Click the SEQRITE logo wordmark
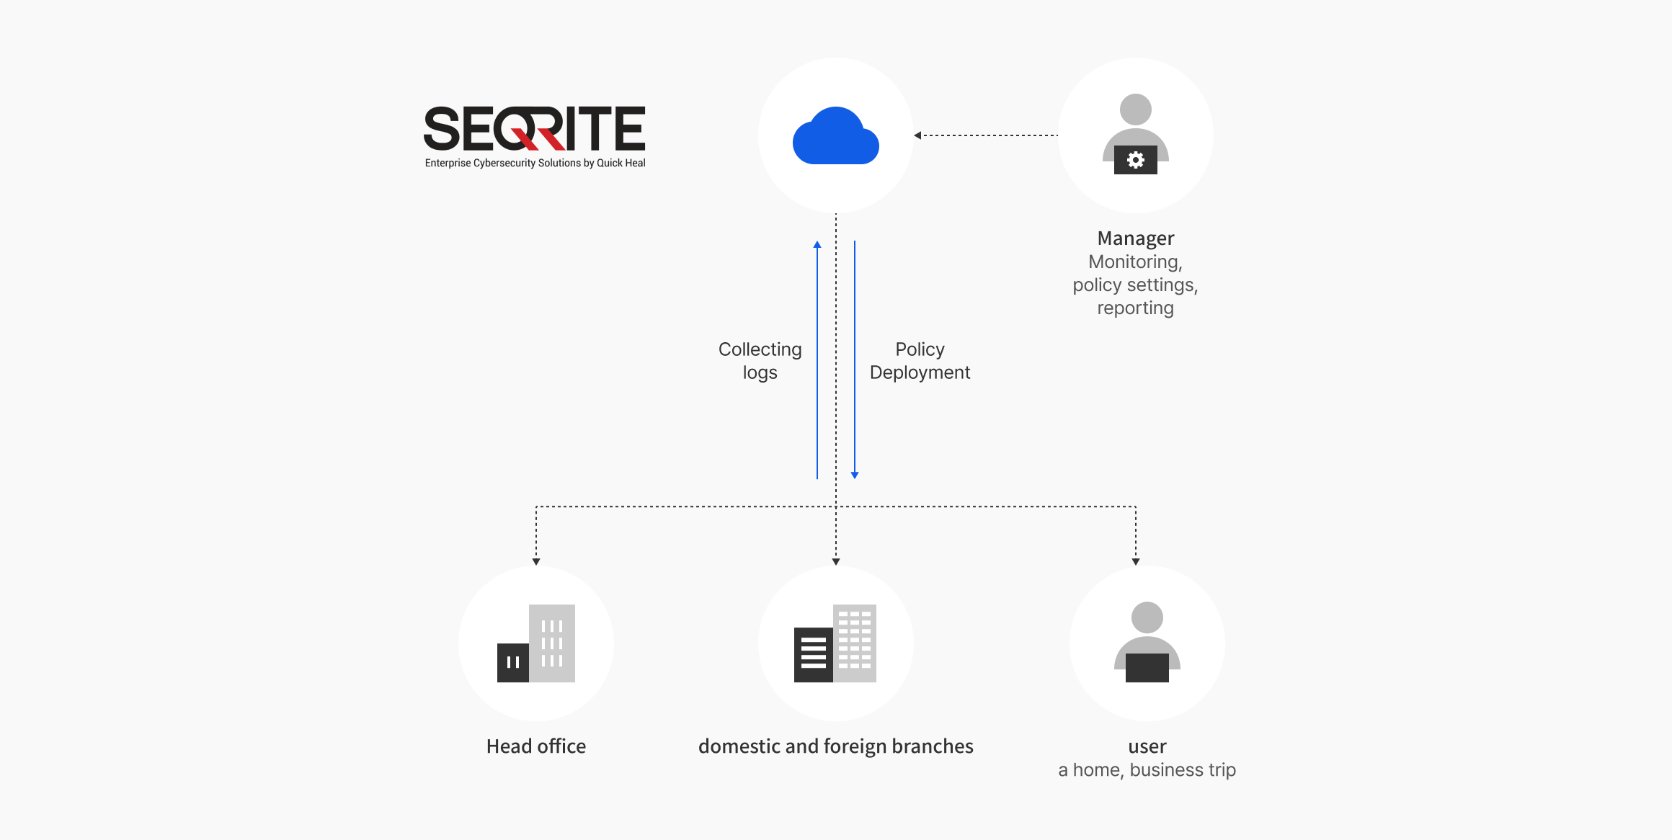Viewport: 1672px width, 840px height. click(534, 129)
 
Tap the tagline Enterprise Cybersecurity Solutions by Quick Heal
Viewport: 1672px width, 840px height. click(535, 164)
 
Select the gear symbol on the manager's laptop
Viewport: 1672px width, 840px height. click(1135, 160)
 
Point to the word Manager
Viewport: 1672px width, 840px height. click(1135, 238)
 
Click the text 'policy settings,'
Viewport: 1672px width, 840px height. click(1135, 285)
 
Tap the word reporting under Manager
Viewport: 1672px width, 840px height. click(1135, 308)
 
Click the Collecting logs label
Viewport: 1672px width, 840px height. click(760, 361)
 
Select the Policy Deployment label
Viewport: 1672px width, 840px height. click(920, 361)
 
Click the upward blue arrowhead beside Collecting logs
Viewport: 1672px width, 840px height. click(817, 245)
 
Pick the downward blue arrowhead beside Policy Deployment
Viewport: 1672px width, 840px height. click(855, 475)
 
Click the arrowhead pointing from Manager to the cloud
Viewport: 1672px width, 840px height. click(917, 135)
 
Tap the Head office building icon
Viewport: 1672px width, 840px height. click(536, 643)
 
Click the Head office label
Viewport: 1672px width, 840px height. click(536, 746)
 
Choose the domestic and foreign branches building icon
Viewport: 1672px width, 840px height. click(835, 643)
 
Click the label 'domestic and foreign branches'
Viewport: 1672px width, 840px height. click(835, 746)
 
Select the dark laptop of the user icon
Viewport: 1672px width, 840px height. click(1147, 668)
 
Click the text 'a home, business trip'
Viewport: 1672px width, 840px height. click(1147, 770)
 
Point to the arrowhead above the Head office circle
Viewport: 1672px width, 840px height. click(536, 561)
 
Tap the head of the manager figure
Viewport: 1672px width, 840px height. click(1135, 110)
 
